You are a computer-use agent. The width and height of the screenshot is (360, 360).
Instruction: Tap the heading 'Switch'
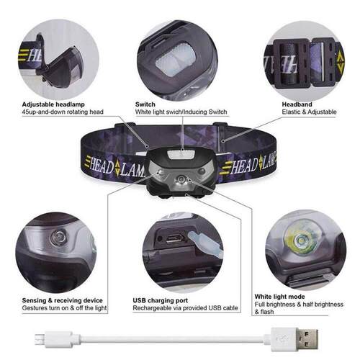pos(145,104)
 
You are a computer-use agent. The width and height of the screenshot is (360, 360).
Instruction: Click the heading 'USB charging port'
pos(164,300)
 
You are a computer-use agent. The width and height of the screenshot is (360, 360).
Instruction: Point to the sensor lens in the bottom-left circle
pos(58,238)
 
